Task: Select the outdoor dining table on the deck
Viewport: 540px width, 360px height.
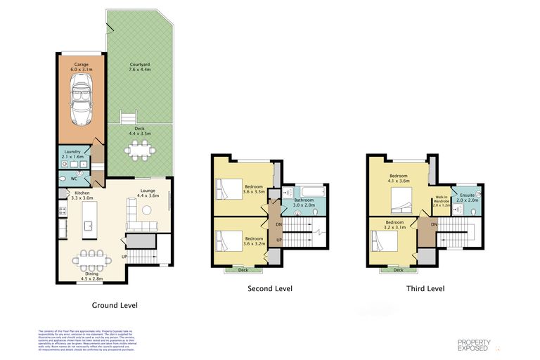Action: click(x=139, y=149)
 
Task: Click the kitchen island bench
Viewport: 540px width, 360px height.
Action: click(x=90, y=226)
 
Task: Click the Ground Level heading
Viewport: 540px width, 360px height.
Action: click(x=115, y=305)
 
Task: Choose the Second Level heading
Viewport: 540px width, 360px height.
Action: click(x=270, y=288)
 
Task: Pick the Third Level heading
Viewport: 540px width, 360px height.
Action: click(x=425, y=288)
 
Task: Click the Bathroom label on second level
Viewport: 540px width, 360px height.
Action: click(x=304, y=200)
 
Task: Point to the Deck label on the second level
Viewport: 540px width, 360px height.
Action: click(x=243, y=269)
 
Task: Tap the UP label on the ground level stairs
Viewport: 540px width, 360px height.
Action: click(x=125, y=257)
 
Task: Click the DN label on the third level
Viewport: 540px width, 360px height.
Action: click(x=435, y=224)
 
